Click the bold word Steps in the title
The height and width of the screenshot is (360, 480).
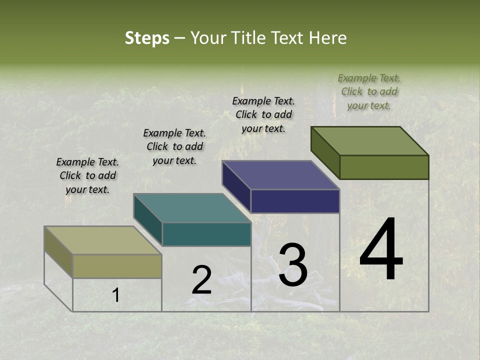coord(147,38)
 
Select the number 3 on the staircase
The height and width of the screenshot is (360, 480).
coord(293,265)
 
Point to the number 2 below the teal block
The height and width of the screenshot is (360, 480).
coord(202,280)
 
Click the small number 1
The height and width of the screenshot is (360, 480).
coord(115,295)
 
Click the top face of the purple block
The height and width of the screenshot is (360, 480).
coord(280,175)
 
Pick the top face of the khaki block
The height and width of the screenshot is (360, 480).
coord(102,240)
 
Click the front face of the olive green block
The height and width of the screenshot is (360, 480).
coord(384,167)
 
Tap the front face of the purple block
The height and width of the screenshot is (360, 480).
coord(295,201)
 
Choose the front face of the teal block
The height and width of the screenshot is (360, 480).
coord(206,234)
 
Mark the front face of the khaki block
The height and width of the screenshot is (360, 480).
coord(117,266)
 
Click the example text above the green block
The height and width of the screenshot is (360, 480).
coord(369,91)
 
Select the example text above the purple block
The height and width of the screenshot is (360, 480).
coord(263,114)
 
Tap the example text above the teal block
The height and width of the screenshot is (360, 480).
coord(174,146)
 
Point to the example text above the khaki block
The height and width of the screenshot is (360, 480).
coord(87,175)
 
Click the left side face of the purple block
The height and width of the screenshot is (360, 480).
coord(236,186)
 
